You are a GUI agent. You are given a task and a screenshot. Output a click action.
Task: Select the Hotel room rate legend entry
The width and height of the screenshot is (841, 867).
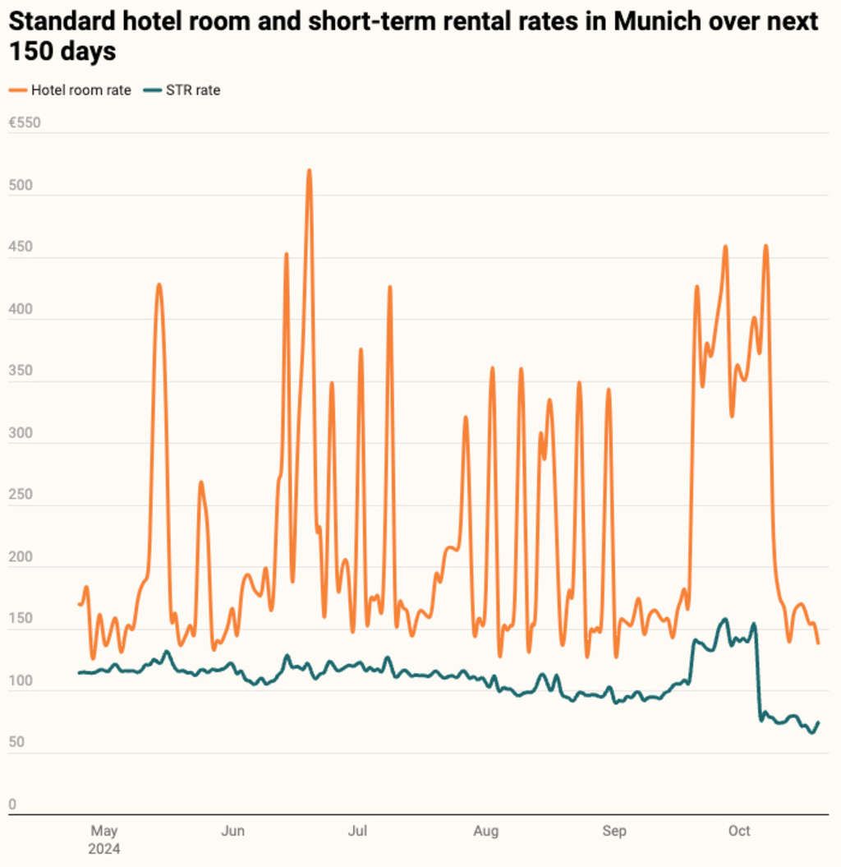tap(80, 90)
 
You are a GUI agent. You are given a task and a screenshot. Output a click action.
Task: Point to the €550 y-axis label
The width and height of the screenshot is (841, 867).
tap(24, 123)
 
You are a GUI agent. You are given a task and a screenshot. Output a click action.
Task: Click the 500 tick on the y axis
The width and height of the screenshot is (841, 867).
tap(21, 186)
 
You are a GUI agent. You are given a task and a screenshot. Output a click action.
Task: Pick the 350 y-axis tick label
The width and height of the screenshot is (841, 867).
tap(21, 371)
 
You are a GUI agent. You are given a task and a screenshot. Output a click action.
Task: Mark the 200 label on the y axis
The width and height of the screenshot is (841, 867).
tap(21, 556)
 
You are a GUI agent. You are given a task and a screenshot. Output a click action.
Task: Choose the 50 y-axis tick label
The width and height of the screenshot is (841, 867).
tap(17, 742)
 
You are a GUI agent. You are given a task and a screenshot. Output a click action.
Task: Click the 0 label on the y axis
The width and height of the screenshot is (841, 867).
tap(12, 805)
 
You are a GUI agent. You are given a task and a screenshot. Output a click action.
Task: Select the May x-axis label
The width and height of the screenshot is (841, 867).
tap(104, 832)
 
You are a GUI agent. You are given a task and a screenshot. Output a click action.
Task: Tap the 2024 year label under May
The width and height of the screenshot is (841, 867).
tap(104, 849)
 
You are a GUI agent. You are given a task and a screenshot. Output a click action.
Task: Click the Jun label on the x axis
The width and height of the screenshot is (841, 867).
tap(233, 832)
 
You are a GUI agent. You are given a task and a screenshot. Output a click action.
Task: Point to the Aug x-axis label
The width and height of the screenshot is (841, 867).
tap(486, 832)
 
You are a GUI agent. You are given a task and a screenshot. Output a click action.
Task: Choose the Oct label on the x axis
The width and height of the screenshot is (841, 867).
tap(739, 832)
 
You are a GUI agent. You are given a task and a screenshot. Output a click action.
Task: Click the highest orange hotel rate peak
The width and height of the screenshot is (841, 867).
tap(309, 171)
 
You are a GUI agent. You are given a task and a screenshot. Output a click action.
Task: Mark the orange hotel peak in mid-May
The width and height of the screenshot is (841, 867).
tap(159, 285)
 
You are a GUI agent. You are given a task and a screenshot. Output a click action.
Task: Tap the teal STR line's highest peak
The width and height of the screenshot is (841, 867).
tap(724, 619)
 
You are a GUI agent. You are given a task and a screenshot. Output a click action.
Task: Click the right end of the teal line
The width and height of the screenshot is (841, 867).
tap(818, 722)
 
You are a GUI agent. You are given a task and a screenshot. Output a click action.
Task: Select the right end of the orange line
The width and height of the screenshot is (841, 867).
tap(818, 643)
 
